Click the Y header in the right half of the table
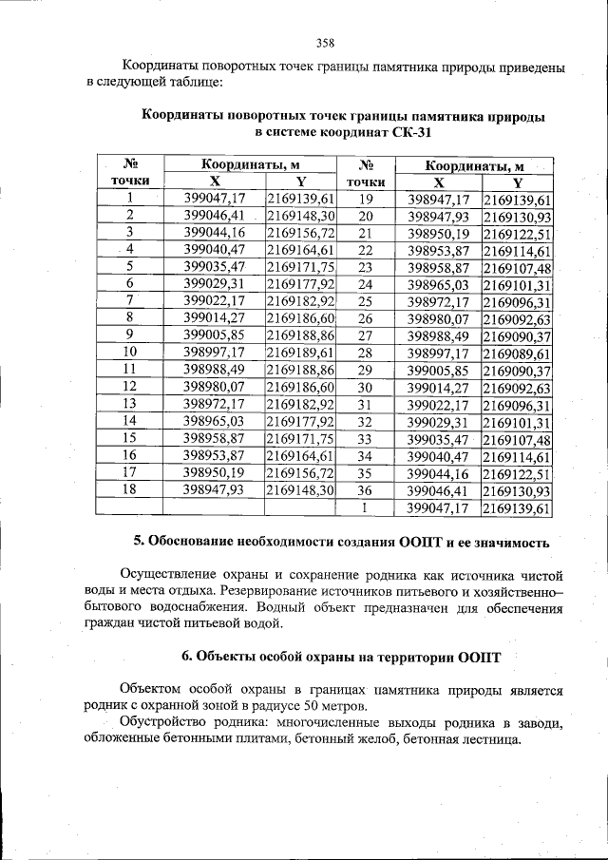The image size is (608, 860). pos(517,182)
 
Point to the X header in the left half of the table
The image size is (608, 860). pos(215,182)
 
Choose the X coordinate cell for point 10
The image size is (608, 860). pos(215,353)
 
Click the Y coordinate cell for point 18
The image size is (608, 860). pos(300,489)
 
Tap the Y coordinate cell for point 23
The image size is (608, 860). pos(517,268)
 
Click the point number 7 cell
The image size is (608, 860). pos(129,301)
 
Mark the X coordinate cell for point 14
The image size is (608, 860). pos(215,421)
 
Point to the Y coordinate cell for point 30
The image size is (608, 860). pos(517,388)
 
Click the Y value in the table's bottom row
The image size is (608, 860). pos(517,508)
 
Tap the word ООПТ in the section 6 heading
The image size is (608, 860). pos(479,657)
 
